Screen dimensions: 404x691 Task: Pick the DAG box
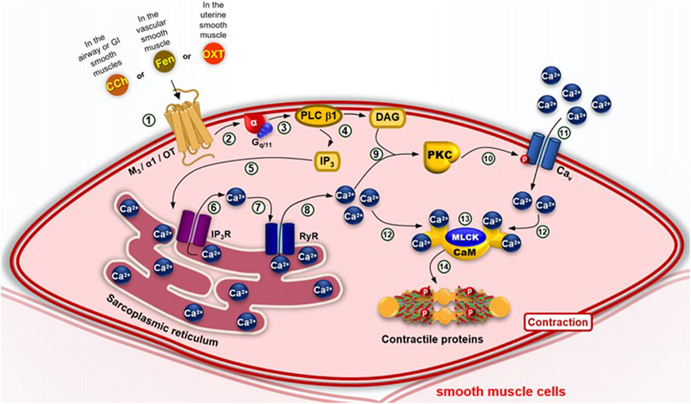(385, 117)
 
